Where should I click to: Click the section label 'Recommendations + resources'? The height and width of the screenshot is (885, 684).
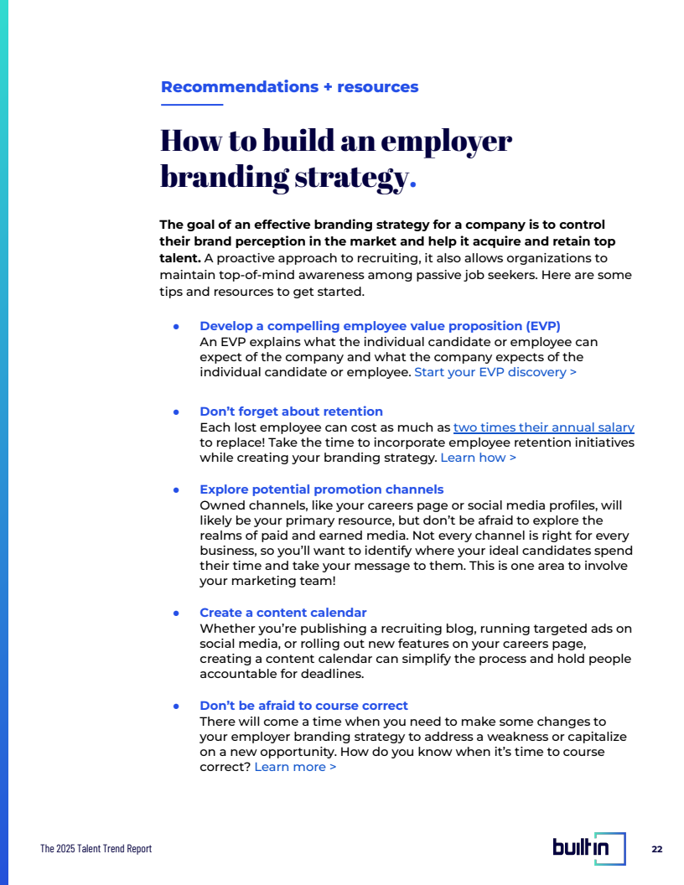point(289,87)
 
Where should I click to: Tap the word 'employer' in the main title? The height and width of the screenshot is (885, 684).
point(446,141)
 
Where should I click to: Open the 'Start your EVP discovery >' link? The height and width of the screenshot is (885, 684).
point(495,372)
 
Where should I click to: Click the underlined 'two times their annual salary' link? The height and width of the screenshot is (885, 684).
point(543,427)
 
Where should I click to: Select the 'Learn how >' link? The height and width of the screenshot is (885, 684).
point(478,458)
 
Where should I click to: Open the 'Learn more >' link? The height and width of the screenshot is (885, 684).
point(295,767)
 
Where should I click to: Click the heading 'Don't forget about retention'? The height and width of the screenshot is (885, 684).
point(291,411)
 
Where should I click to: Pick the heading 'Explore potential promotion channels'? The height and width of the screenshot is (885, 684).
point(321,489)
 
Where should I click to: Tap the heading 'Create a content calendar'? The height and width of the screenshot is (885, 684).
point(282,613)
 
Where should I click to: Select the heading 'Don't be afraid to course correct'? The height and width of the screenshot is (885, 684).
point(303,706)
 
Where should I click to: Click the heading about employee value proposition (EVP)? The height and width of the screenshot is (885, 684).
point(380,326)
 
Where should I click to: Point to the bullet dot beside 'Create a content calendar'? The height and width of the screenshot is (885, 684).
point(176,613)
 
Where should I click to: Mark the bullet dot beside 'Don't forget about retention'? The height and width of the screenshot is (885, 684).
point(176,412)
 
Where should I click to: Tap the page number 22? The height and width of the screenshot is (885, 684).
point(656,849)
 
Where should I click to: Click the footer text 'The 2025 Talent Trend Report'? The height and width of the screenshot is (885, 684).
point(96,849)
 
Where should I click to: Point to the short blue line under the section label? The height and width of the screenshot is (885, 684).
point(192,105)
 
